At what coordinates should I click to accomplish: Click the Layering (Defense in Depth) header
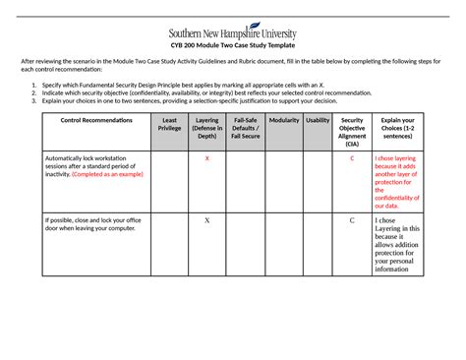click(206, 128)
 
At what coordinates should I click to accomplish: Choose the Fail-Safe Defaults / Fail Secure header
click(245, 128)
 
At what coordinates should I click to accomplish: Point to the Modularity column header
click(283, 120)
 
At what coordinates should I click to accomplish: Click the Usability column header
click(318, 120)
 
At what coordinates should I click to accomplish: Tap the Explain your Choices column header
click(397, 128)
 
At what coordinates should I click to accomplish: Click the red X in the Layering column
click(206, 158)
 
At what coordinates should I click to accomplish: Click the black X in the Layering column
click(206, 220)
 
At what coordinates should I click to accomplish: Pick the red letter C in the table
click(352, 158)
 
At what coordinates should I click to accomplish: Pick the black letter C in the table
click(352, 220)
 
